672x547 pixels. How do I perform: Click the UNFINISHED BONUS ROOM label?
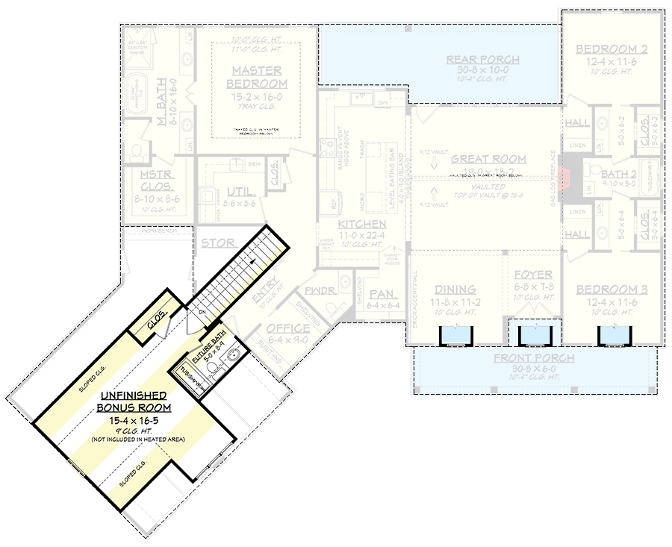coord(134,401)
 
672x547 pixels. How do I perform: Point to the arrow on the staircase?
coord(254,262)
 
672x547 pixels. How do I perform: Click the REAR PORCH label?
coord(482,60)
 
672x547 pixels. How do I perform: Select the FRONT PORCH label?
coord(535,359)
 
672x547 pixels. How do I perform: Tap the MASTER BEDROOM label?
coord(255,77)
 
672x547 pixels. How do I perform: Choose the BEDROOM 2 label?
coord(611,50)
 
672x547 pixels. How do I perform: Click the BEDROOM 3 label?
coord(611,290)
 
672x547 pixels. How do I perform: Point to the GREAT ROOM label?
coord(488,159)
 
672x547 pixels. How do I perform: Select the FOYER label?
coord(533,275)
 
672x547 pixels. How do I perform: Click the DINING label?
coord(455,290)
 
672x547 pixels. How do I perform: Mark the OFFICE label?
coord(288,328)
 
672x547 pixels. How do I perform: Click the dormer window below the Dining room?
coord(453,335)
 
